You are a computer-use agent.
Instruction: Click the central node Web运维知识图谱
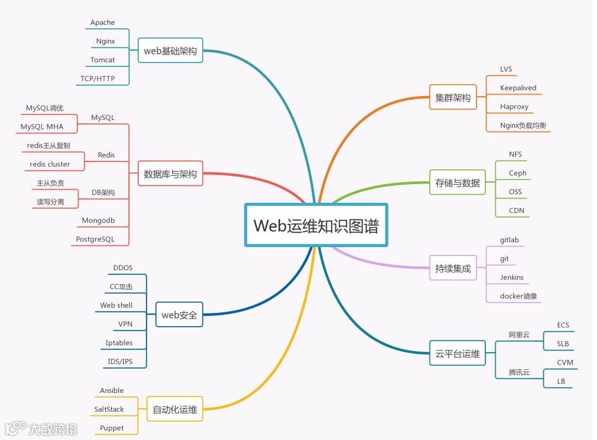click(316, 225)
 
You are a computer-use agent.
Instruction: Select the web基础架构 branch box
click(170, 51)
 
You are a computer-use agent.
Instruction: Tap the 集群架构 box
click(453, 98)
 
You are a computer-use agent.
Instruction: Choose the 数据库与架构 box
click(170, 174)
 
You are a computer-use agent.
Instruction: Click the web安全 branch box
click(179, 315)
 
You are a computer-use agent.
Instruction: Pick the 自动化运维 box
click(175, 410)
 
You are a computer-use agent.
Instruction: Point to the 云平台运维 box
click(457, 353)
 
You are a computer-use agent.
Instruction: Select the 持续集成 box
click(453, 268)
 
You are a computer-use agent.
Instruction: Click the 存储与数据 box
click(457, 182)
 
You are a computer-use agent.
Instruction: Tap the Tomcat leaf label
click(103, 60)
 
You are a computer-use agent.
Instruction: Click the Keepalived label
click(518, 88)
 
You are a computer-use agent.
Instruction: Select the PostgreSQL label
click(95, 239)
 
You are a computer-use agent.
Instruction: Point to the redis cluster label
click(50, 164)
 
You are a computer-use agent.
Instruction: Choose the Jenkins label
click(512, 277)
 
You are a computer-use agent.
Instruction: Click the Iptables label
click(119, 343)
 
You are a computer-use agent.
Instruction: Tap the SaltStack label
click(109, 409)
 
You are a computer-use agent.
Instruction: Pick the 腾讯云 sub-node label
click(519, 372)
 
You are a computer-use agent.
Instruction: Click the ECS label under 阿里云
click(563, 325)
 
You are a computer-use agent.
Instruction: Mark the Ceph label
click(517, 173)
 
